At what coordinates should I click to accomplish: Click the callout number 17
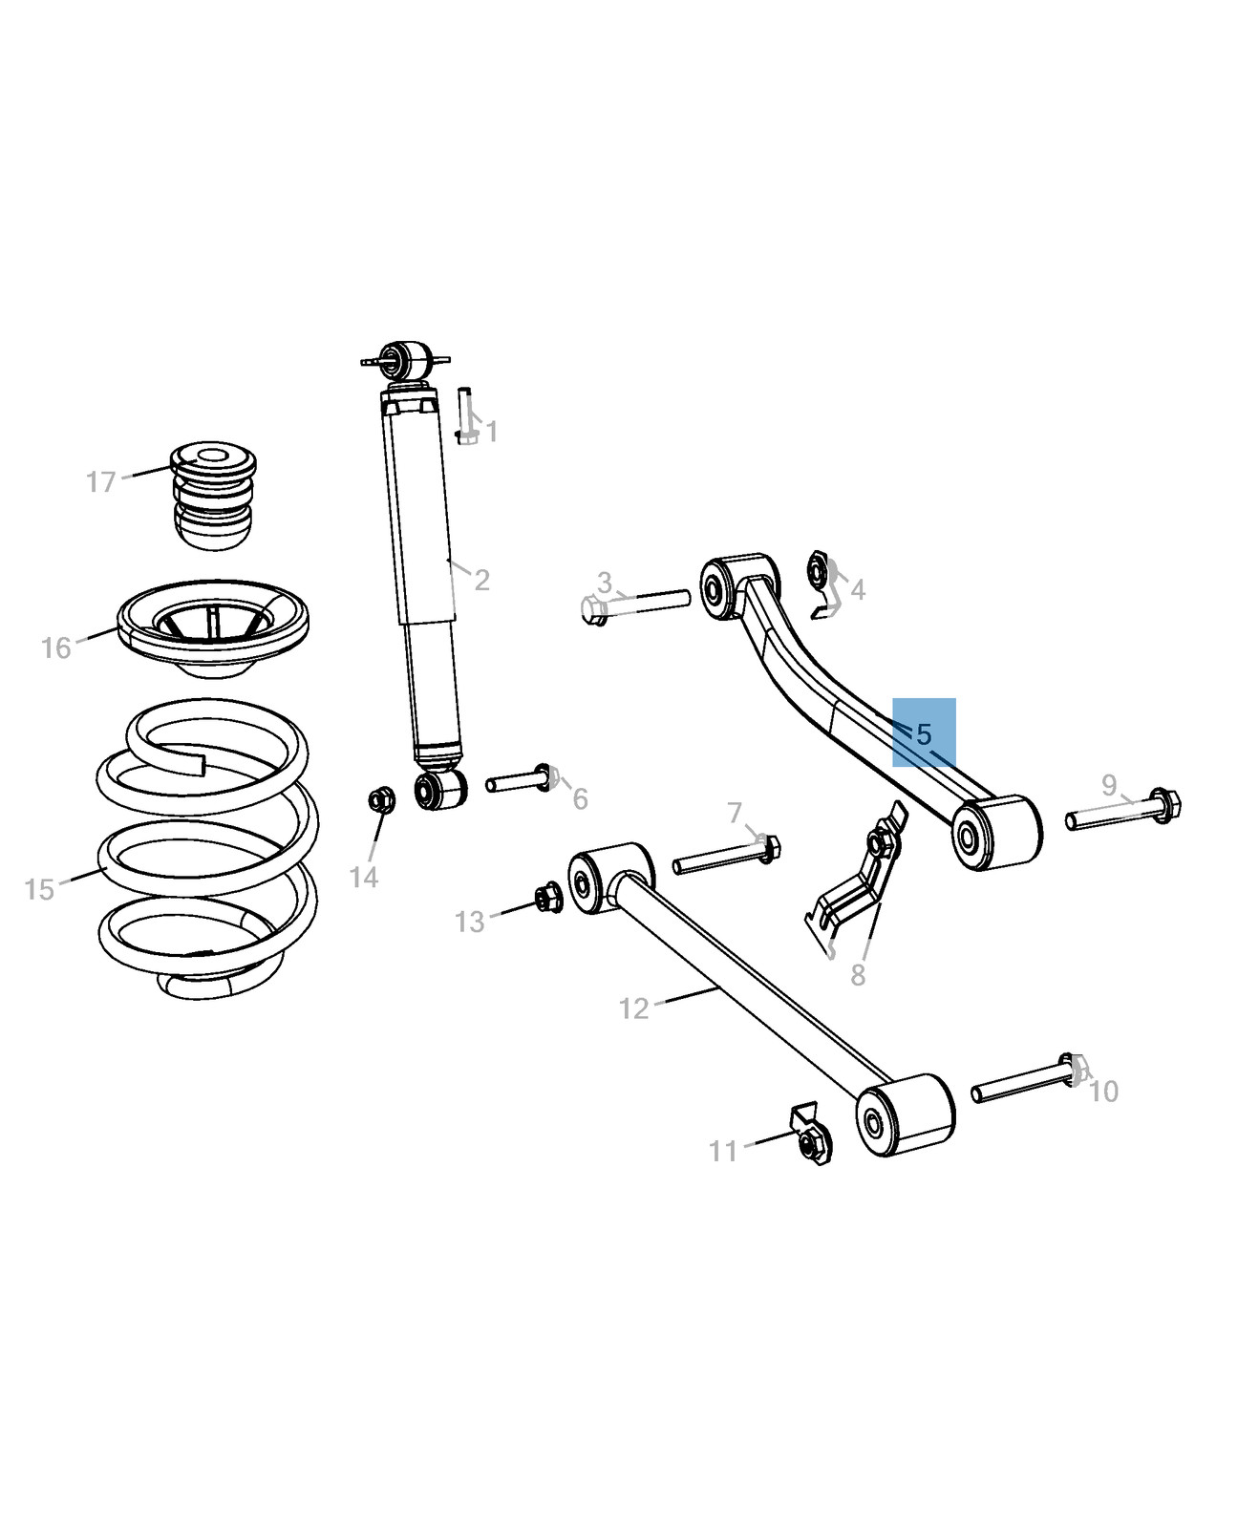coord(100,481)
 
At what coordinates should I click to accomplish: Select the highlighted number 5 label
coord(924,733)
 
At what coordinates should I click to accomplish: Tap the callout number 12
coord(633,1008)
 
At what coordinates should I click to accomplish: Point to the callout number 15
coord(39,890)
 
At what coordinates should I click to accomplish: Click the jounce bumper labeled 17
coord(214,495)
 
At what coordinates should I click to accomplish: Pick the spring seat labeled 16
coord(213,627)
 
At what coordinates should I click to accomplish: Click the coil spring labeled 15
coord(207,849)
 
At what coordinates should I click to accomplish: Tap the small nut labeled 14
coord(382,799)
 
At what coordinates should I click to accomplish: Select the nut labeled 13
coord(548,898)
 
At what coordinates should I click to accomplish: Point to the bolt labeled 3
coord(635,604)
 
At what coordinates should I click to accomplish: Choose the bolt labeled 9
coord(1123,810)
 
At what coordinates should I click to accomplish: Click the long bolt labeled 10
coord(1029,1077)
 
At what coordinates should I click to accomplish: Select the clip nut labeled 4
coord(823,584)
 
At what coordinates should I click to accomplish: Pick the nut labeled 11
coord(811,1134)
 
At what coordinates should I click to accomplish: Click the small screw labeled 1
coord(465,415)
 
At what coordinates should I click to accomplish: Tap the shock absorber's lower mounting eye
coord(440,789)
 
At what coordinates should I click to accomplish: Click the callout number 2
coord(481,580)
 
